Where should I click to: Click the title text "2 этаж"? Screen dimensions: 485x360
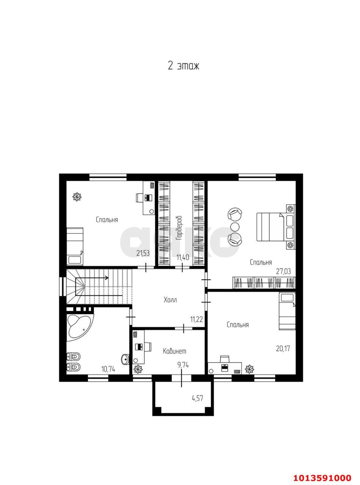183,66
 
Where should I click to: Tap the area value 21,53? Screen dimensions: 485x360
143,253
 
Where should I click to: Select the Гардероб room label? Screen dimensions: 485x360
179,228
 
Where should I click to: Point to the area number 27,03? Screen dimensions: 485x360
283,271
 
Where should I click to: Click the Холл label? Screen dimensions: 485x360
170,300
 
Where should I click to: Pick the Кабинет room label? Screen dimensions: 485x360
174,351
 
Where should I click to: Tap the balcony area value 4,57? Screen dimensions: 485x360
197,398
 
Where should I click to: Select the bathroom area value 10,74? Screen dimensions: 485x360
108,369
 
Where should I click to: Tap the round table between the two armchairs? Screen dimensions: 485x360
235,227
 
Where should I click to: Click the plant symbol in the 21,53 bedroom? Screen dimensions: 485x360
77,197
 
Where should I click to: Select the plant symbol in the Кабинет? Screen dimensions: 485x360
138,368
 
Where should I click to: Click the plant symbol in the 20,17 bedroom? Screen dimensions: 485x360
250,369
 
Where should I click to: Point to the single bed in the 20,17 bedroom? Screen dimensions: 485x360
287,311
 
